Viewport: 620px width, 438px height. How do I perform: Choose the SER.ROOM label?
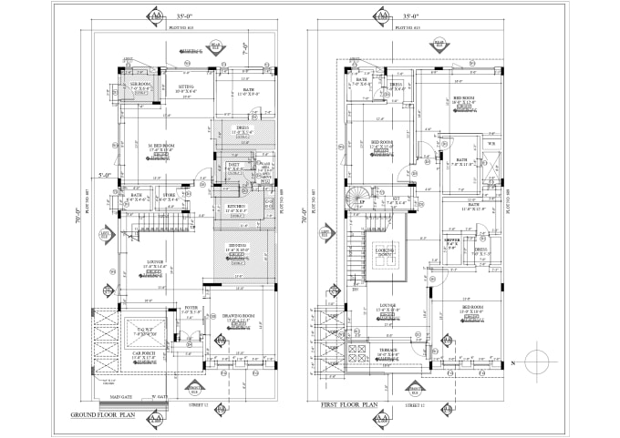(139, 85)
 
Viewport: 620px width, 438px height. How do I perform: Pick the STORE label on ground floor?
(170, 194)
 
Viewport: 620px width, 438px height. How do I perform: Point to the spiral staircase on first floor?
(355, 199)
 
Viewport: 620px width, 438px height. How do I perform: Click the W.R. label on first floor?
(492, 143)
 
